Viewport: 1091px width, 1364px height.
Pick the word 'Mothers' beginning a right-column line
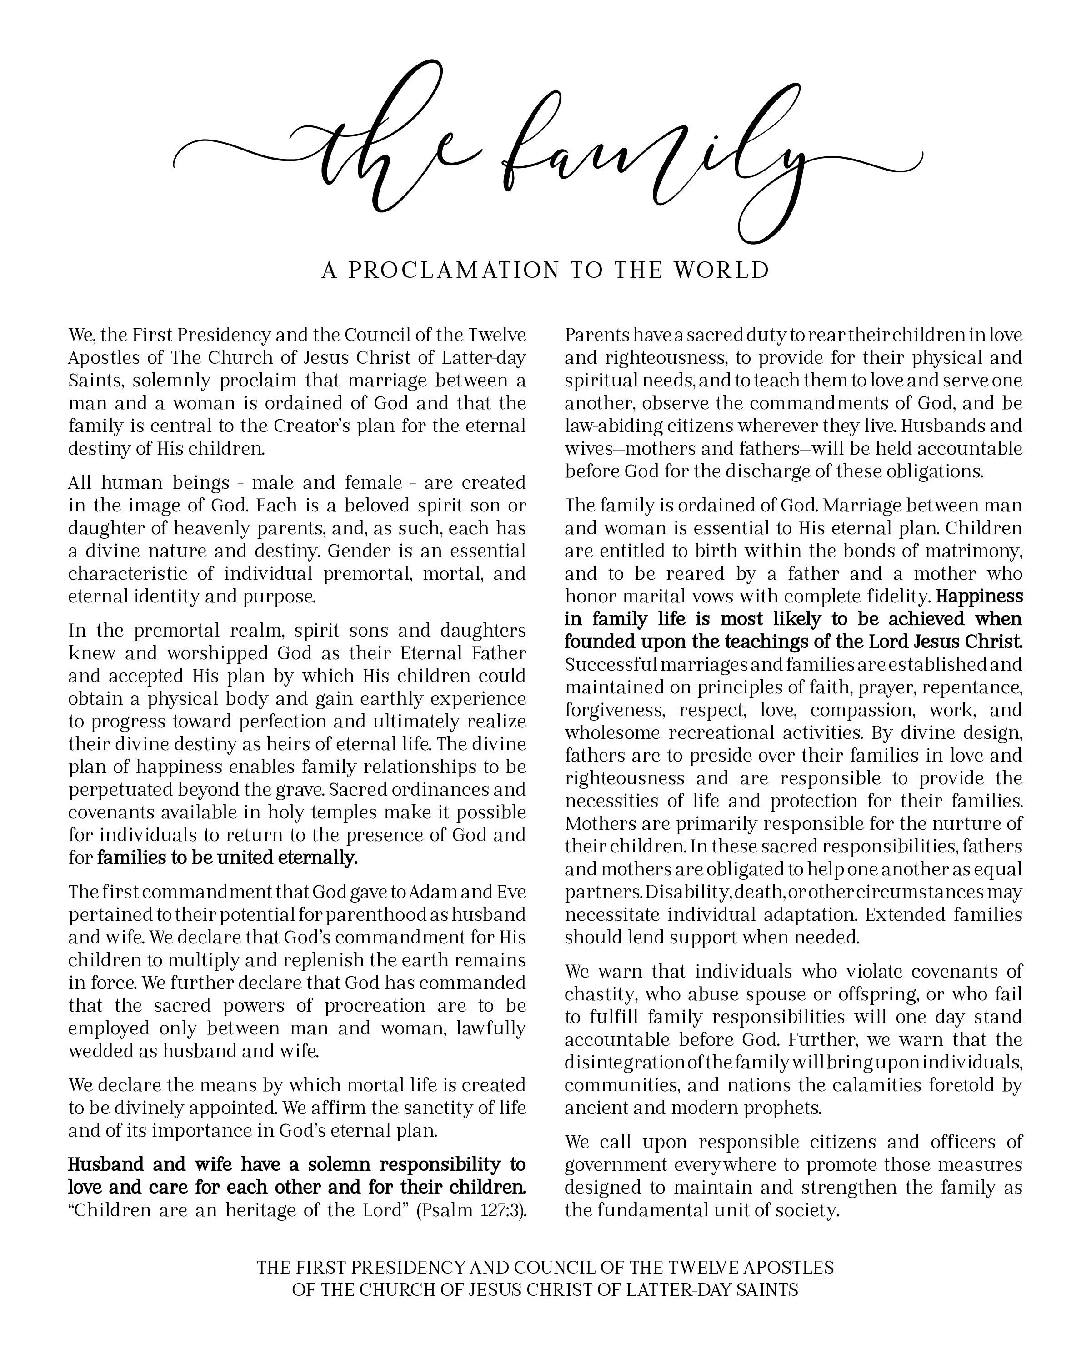pyautogui.click(x=598, y=824)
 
